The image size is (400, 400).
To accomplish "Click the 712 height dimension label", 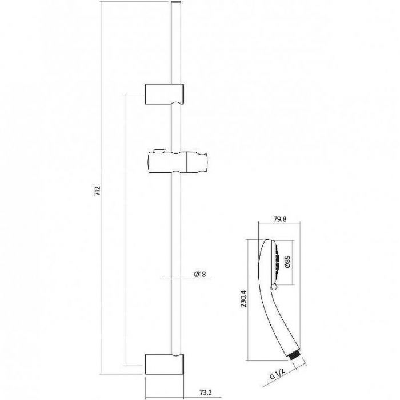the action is point(98,191).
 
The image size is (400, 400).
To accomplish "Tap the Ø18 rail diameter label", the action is point(199,274).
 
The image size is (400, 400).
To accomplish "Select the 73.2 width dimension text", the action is point(206,393).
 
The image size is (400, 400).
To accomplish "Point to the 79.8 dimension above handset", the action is point(280,219).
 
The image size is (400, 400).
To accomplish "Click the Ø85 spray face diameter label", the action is point(288,262).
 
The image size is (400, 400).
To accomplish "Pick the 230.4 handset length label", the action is point(244,298).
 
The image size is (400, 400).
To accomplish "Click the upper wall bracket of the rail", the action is point(165,94).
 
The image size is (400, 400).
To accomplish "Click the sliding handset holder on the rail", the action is point(177,162).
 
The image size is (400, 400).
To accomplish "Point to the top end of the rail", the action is point(176,2).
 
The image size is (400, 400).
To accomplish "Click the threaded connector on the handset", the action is point(295,357).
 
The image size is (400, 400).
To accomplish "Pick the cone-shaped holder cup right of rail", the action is point(197,162).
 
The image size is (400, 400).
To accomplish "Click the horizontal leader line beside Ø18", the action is point(187,279).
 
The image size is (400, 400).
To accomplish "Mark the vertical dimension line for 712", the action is point(102,188).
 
